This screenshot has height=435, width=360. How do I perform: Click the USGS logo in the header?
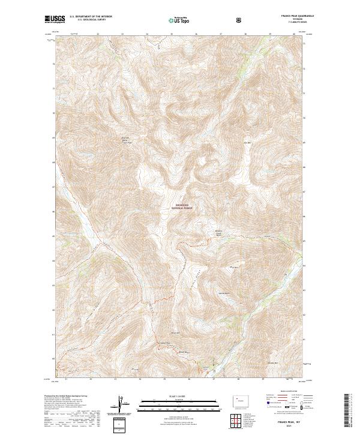click(x=55, y=20)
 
